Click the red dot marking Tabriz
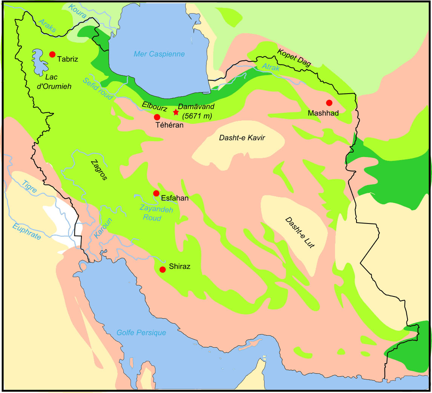pyautogui.click(x=52, y=54)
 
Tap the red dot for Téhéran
pyautogui.click(x=157, y=117)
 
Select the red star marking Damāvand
pyautogui.click(x=176, y=112)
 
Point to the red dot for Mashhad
pyautogui.click(x=329, y=103)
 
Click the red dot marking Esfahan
pyautogui.click(x=156, y=193)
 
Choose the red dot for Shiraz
pyautogui.click(x=163, y=270)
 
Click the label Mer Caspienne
pyautogui.click(x=160, y=54)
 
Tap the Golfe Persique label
pyautogui.click(x=141, y=333)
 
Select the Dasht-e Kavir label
pyautogui.click(x=242, y=138)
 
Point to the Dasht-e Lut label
pyautogui.click(x=300, y=233)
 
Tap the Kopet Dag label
pyautogui.click(x=294, y=58)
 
